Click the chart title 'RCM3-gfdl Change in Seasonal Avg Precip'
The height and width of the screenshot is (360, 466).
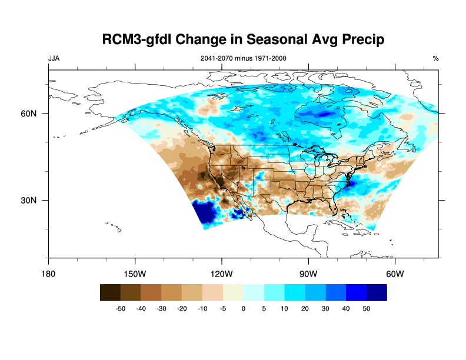pyautogui.click(x=243, y=40)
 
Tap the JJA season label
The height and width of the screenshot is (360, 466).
pyautogui.click(x=54, y=58)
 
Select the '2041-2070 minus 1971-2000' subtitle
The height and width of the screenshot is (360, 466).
pyautogui.click(x=244, y=58)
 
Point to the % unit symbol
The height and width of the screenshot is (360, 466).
pyautogui.click(x=435, y=58)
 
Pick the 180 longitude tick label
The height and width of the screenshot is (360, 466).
pyautogui.click(x=48, y=274)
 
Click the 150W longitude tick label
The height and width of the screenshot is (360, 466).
pyautogui.click(x=135, y=274)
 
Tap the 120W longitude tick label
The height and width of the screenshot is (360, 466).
pyautogui.click(x=222, y=274)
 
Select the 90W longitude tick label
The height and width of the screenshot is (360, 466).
pyautogui.click(x=308, y=274)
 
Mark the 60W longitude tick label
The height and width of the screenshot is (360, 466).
pyautogui.click(x=395, y=274)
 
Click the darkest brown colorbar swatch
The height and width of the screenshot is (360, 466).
pyautogui.click(x=111, y=292)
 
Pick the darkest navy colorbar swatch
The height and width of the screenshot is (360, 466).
pyautogui.click(x=377, y=292)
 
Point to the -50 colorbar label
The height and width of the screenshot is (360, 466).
pyautogui.click(x=121, y=308)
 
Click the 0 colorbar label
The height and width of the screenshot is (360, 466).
pyautogui.click(x=244, y=308)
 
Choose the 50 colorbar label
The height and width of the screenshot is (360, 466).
pyautogui.click(x=367, y=308)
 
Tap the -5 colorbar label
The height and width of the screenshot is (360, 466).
pyautogui.click(x=223, y=308)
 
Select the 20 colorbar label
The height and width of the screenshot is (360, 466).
pyautogui.click(x=305, y=308)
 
